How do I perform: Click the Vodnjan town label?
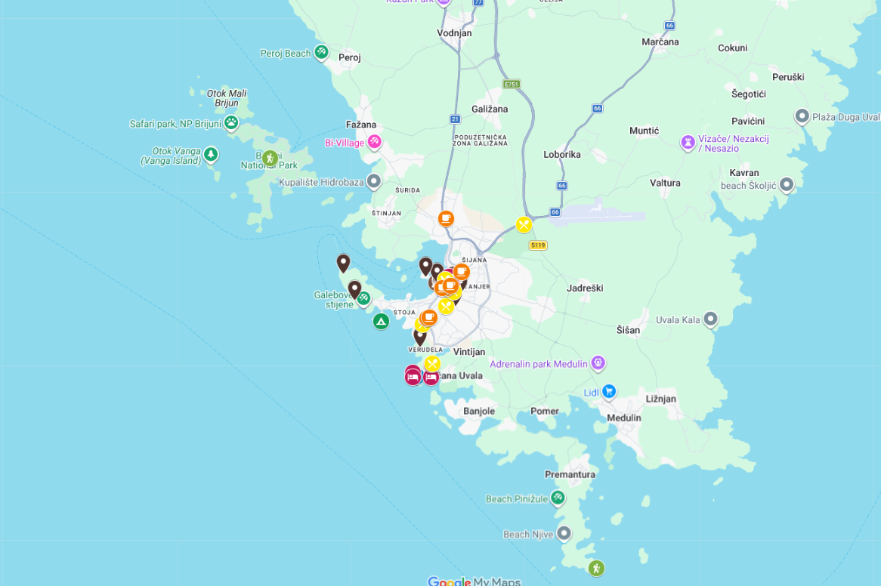454,32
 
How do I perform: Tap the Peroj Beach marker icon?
321,52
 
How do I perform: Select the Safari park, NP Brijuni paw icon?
231,122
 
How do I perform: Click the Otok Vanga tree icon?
211,154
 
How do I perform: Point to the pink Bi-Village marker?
374,142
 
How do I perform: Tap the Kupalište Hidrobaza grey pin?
373,181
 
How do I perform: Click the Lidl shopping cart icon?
609,391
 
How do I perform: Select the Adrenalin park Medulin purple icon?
598,363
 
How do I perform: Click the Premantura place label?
570,474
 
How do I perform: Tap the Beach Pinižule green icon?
558,498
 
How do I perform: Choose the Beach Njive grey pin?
564,534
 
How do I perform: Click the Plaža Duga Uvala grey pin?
802,116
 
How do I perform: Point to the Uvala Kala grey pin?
710,319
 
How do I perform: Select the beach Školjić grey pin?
787,185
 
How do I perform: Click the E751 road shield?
512,84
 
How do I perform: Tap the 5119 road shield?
538,245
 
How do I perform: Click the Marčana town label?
660,42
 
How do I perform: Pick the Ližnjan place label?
660,399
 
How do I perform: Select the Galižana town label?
490,109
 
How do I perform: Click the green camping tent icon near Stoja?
381,322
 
